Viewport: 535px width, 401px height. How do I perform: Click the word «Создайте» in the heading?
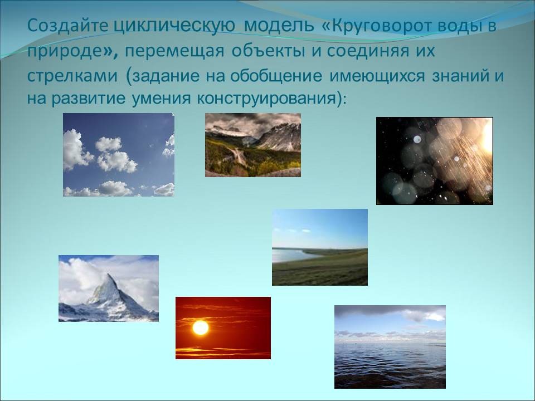point(67,26)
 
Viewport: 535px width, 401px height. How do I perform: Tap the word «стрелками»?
point(72,76)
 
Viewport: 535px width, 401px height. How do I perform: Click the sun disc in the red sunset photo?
point(200,327)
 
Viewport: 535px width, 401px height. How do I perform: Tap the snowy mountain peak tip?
point(109,274)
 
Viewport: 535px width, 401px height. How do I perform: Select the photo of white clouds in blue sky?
point(119,155)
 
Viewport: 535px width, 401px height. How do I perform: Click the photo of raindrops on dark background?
point(435,161)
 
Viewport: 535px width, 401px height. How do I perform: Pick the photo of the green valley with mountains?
point(253,145)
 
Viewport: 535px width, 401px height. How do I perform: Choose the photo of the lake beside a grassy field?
point(320,247)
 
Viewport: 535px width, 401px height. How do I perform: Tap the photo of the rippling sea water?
point(390,347)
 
